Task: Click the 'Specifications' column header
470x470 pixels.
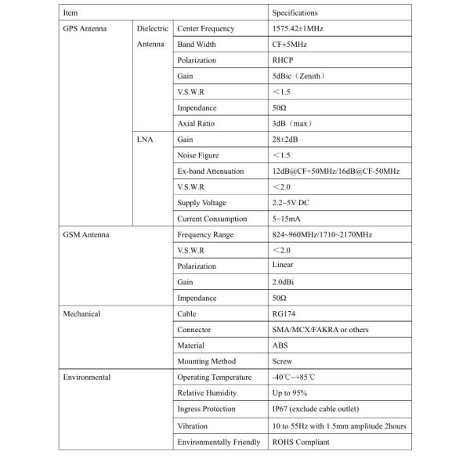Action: (x=295, y=13)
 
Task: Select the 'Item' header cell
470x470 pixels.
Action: (x=70, y=13)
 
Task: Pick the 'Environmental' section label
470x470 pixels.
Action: (x=86, y=377)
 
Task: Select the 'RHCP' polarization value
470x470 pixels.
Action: (x=284, y=60)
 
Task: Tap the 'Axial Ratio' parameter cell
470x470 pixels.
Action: (x=196, y=124)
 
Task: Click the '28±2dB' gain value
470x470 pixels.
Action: (x=287, y=139)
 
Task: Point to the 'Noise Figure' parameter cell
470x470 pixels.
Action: (x=198, y=155)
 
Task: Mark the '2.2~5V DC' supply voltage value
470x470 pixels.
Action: (x=292, y=203)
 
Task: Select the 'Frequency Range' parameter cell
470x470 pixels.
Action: (x=205, y=234)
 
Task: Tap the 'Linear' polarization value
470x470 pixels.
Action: (x=284, y=266)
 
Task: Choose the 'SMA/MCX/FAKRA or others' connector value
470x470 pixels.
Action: (x=320, y=330)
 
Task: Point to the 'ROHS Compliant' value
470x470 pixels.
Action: (x=301, y=442)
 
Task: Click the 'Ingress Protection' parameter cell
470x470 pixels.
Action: (x=206, y=409)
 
